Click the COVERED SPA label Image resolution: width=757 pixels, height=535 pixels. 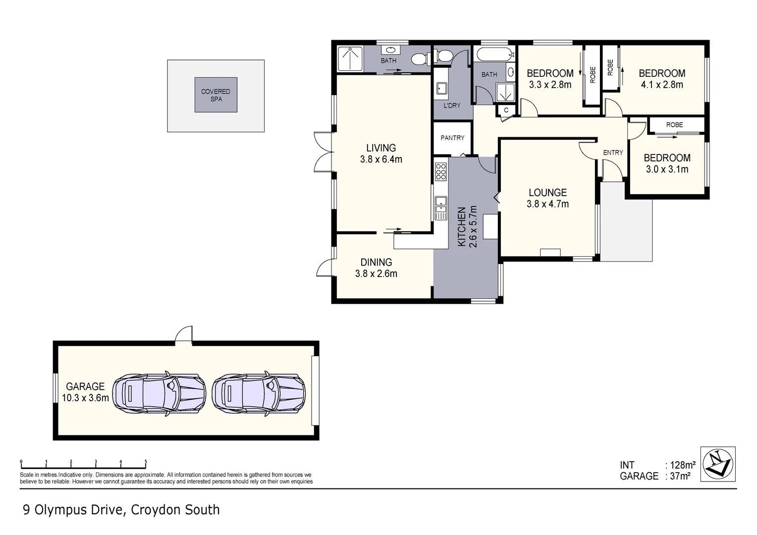(x=216, y=95)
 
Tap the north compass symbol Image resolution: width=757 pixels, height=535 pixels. (x=718, y=464)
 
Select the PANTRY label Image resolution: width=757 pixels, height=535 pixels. (x=452, y=138)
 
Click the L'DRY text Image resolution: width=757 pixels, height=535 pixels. (x=452, y=106)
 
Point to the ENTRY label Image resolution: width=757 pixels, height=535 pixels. (x=613, y=153)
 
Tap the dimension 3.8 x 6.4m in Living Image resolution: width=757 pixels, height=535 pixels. (x=381, y=160)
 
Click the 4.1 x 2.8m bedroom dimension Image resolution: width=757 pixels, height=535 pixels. (x=662, y=85)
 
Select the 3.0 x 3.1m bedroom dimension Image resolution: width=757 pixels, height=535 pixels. (x=667, y=169)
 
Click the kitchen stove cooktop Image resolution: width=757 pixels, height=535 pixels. (x=440, y=171)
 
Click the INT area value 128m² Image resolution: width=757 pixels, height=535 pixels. (x=682, y=465)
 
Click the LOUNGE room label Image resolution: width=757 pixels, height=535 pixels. (x=547, y=193)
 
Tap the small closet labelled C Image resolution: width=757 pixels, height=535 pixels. (x=506, y=110)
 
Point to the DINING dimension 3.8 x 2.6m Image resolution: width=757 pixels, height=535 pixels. (x=376, y=273)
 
